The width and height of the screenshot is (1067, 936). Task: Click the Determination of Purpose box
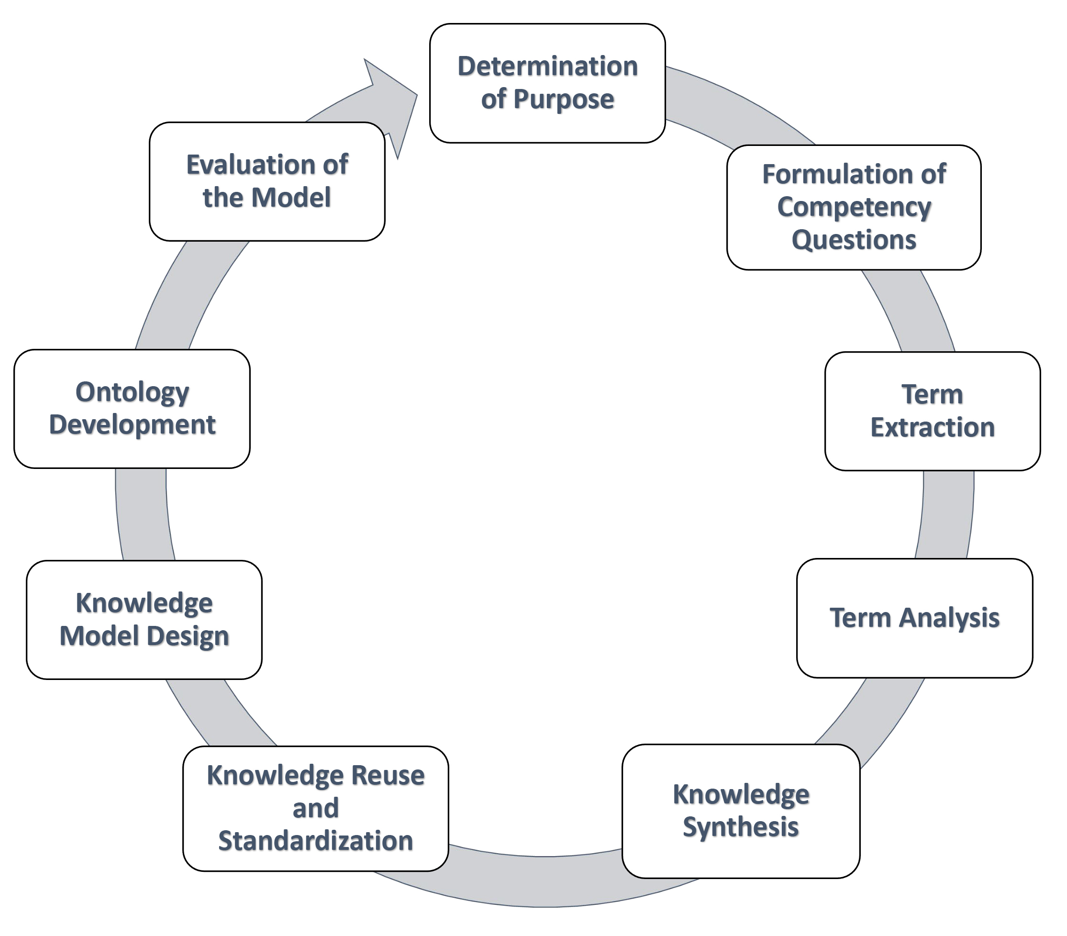click(x=547, y=83)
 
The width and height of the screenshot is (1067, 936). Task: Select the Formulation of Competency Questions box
click(x=854, y=207)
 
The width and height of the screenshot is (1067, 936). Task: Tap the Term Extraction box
click(x=933, y=412)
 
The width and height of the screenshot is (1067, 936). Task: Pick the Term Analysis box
click(x=914, y=618)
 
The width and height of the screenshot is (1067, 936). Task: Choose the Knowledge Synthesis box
click(x=741, y=811)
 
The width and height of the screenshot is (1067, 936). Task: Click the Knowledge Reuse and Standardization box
click(x=315, y=809)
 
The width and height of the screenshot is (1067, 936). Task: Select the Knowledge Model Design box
click(x=144, y=620)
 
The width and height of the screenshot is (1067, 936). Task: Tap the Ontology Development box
click(x=132, y=409)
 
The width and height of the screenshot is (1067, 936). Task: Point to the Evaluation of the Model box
click(x=267, y=182)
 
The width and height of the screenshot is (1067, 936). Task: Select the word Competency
click(x=854, y=208)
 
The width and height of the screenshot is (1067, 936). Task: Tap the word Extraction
click(x=933, y=427)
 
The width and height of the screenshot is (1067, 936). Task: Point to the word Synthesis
click(x=741, y=827)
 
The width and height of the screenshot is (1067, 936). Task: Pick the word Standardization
click(x=315, y=841)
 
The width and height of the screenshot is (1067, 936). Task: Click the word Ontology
click(x=132, y=392)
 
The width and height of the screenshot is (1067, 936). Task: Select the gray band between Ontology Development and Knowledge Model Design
click(x=144, y=515)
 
